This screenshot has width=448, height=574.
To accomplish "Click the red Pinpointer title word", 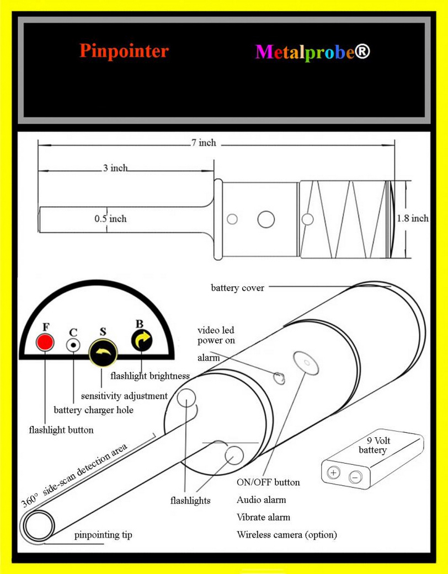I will click(124, 51).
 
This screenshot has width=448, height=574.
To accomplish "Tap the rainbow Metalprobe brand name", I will click(312, 52).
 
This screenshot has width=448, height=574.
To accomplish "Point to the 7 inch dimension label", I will click(204, 143).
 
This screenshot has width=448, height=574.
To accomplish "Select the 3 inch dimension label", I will click(115, 168).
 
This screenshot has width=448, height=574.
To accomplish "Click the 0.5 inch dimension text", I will click(110, 218).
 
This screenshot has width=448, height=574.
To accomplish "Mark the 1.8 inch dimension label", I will click(413, 218).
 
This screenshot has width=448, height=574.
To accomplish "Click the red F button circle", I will click(44, 342).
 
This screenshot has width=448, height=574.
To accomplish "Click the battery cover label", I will click(237, 288).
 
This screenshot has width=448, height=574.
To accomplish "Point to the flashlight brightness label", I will click(150, 376).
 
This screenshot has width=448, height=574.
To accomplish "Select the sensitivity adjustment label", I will click(124, 396).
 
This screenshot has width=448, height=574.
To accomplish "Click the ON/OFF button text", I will click(268, 482).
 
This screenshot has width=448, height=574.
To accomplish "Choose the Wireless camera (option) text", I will click(286, 534).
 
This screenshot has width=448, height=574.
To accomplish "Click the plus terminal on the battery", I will click(334, 473).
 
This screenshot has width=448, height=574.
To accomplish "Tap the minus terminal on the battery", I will click(356, 476).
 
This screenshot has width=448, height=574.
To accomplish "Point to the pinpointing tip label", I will click(103, 535).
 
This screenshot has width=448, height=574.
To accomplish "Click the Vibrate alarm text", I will click(263, 517).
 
